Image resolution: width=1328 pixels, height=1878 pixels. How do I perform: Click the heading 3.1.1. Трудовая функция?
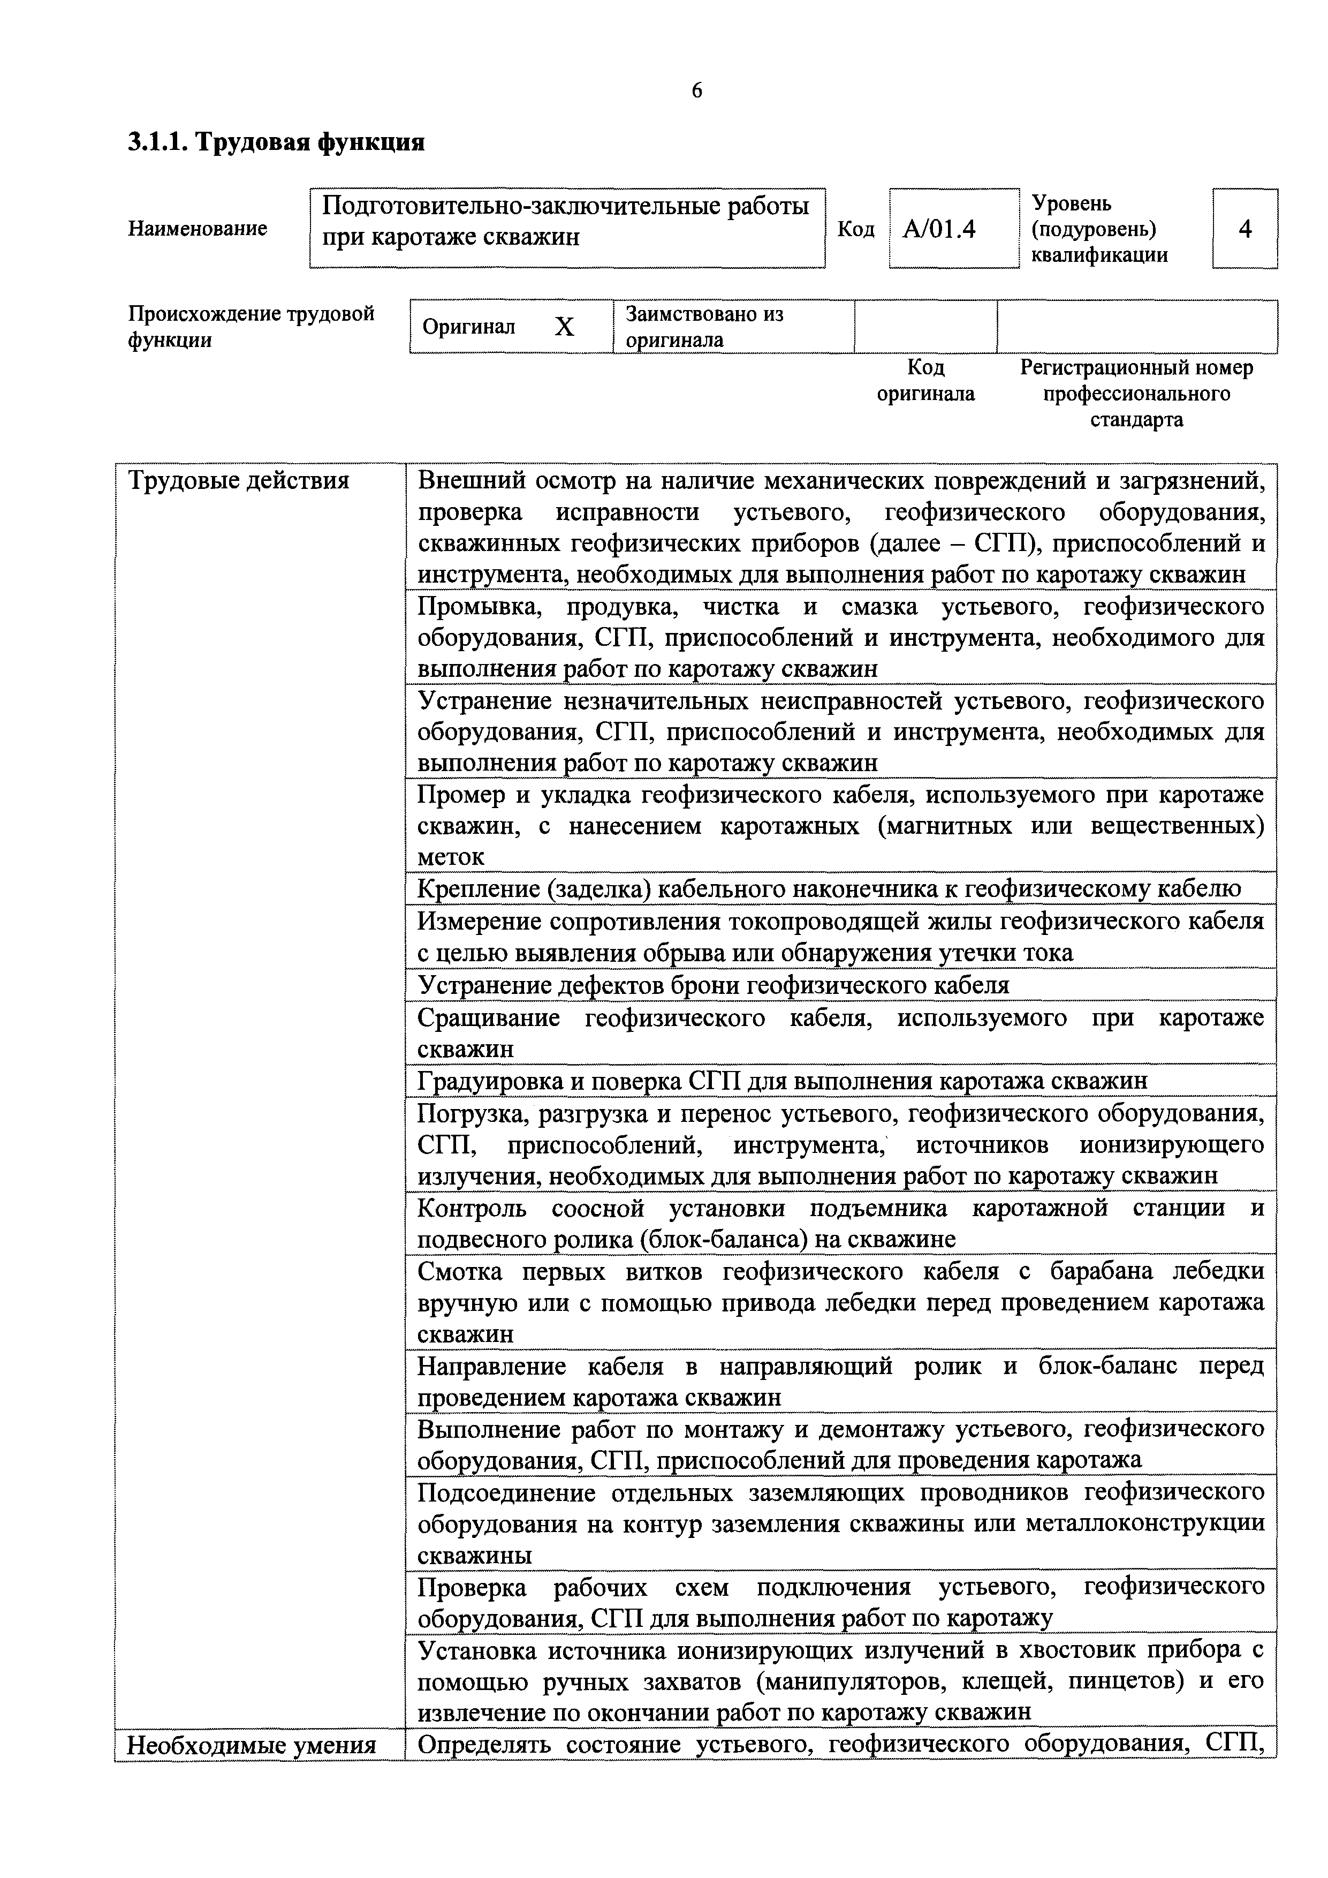pyautogui.click(x=276, y=142)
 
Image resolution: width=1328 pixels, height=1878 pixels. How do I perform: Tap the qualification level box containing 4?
pyautogui.click(x=1244, y=229)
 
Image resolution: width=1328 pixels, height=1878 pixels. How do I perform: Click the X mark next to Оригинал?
pyautogui.click(x=564, y=327)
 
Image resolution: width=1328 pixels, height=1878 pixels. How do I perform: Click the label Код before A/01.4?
pyautogui.click(x=856, y=230)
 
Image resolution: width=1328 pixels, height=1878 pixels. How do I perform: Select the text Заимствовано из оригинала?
pyautogui.click(x=704, y=326)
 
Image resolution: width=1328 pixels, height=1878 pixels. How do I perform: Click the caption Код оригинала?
pyautogui.click(x=925, y=380)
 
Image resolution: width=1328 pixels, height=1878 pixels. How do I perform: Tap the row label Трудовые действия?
pyautogui.click(x=239, y=481)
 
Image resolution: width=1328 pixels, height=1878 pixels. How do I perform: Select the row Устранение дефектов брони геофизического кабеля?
pyautogui.click(x=713, y=985)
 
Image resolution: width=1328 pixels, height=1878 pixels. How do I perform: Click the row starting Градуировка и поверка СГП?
pyautogui.click(x=781, y=1081)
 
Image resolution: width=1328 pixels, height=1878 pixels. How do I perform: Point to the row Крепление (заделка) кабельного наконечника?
pyautogui.click(x=829, y=888)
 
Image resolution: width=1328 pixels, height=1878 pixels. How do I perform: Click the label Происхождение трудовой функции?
pyautogui.click(x=251, y=326)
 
